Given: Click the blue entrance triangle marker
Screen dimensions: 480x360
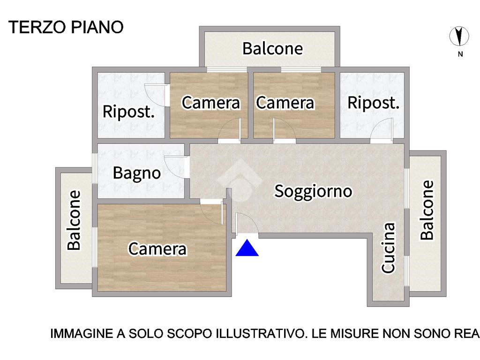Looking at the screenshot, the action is (x=247, y=248).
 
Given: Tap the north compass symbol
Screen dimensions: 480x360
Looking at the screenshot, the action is (x=459, y=37).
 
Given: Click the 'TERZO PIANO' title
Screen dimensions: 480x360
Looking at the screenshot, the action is (x=66, y=27).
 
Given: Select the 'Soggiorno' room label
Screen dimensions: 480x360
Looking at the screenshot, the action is (x=313, y=191).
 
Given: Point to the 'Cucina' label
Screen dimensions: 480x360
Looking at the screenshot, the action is (x=388, y=247).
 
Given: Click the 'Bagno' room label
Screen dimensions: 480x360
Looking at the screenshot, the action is (x=137, y=173).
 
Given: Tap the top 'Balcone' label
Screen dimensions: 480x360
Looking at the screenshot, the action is (x=272, y=49).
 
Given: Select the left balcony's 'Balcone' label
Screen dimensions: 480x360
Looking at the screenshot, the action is (x=74, y=220).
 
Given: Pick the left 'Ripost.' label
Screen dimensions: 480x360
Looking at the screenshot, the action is (x=128, y=112).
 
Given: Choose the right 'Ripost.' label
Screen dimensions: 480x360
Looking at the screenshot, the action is (x=374, y=103).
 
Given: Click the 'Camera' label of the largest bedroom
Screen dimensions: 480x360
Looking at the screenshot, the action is (x=157, y=249).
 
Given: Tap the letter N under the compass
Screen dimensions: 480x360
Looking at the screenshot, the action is (x=460, y=54).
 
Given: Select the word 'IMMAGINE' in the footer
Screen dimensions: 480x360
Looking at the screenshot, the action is (x=82, y=333).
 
